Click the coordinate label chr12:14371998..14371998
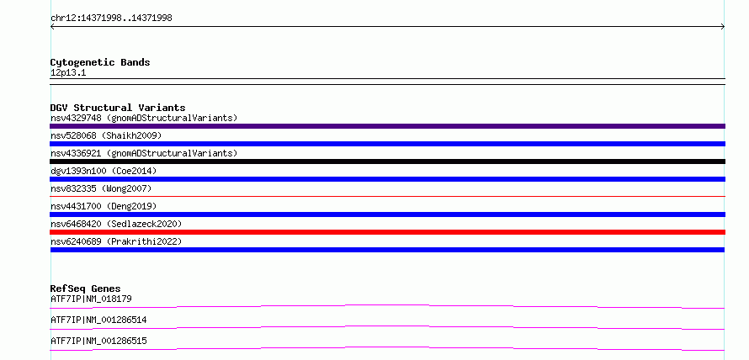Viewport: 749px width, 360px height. pos(111,19)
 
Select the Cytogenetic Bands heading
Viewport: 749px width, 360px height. pos(100,62)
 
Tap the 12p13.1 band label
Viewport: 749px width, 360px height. pos(68,73)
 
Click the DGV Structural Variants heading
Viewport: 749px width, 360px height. pos(118,108)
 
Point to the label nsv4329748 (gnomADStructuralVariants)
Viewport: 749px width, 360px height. pos(144,118)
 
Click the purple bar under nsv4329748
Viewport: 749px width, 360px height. pos(387,126)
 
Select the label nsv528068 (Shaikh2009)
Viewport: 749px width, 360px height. pos(106,135)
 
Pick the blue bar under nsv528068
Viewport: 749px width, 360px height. pos(387,144)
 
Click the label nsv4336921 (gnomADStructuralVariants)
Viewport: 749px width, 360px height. pos(144,153)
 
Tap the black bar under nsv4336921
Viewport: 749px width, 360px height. pos(387,161)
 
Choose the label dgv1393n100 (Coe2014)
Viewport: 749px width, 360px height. pos(104,171)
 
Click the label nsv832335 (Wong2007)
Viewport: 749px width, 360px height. pos(101,188)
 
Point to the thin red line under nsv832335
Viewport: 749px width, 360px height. pos(387,196)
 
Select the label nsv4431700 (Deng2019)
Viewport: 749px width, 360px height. pos(104,206)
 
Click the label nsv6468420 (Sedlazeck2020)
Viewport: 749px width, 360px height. pos(116,224)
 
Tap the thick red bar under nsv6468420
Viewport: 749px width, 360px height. pos(387,232)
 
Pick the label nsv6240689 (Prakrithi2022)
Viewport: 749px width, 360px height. pos(116,241)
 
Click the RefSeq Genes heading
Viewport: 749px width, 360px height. pos(86,289)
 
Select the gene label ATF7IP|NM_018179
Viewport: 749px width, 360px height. pos(91,299)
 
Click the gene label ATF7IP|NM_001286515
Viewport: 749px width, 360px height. pos(98,341)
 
